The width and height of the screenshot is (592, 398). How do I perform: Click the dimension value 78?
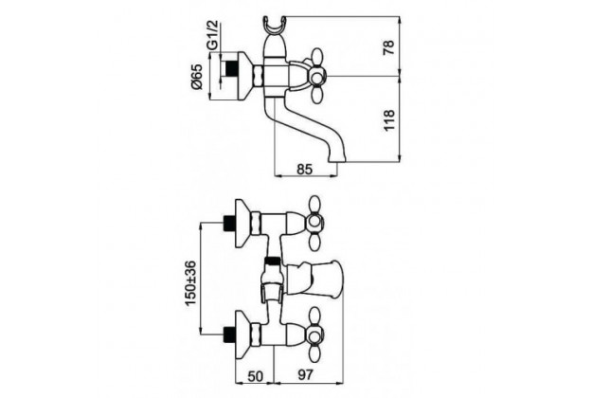point(389,46)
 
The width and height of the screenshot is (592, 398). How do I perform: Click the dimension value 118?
point(389,120)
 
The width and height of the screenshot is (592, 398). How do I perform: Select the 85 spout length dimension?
point(305,170)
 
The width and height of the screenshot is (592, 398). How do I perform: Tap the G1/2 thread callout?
point(213,35)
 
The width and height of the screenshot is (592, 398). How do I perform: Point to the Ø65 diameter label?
point(196,77)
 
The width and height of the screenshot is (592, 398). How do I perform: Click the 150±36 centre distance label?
point(190,283)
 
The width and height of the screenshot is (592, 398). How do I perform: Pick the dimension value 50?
point(255,375)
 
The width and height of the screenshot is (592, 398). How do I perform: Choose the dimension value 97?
point(305,375)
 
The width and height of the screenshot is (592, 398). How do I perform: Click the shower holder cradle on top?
point(275,26)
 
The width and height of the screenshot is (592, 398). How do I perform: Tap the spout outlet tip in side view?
point(337,158)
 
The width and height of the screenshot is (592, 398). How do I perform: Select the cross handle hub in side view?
point(316,77)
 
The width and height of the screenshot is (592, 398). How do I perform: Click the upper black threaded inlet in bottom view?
point(229,224)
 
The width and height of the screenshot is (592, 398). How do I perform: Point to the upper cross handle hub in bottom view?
point(314,223)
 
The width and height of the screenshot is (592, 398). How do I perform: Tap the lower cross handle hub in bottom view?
point(314,335)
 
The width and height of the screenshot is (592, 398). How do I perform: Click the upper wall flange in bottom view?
point(243,224)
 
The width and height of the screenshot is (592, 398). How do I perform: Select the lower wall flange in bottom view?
point(243,335)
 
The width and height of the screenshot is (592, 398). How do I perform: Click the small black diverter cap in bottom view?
point(273,261)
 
